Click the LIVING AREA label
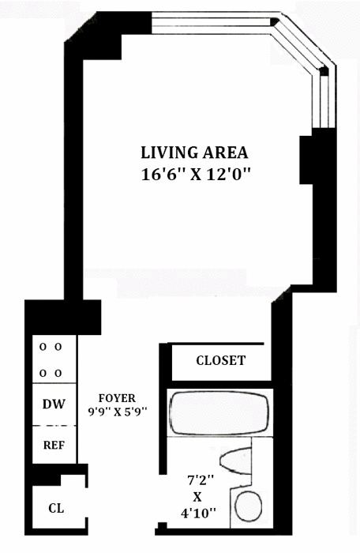(194, 152)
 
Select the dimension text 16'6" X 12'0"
(196, 175)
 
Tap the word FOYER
(117, 398)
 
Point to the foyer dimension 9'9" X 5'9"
(118, 412)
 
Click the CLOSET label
(221, 360)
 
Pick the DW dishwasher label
(54, 404)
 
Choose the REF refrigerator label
(54, 445)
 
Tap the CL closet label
(56, 508)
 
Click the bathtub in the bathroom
(219, 413)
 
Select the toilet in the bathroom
(236, 461)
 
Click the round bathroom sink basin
(248, 506)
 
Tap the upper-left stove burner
(43, 347)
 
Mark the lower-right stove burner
(58, 373)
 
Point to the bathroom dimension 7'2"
(201, 480)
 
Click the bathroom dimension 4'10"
(198, 513)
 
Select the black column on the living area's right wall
(306, 160)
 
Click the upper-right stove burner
(58, 347)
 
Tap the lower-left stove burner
(43, 373)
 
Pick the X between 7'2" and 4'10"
(197, 497)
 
